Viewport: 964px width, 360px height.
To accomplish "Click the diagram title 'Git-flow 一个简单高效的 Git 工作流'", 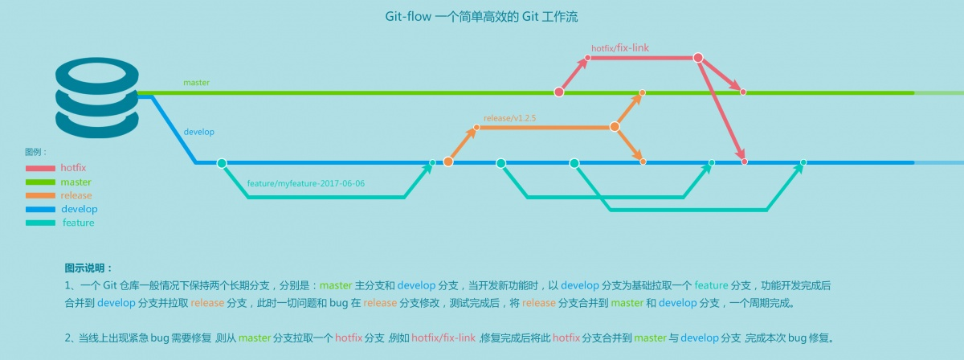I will (481, 16).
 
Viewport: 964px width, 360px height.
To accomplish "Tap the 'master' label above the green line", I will (196, 83).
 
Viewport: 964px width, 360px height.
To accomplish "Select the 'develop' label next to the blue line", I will (198, 131).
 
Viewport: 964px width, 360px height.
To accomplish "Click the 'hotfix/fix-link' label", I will (619, 48).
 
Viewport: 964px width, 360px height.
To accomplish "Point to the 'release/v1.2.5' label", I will (509, 118).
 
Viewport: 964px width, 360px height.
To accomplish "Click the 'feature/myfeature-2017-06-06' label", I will (306, 184).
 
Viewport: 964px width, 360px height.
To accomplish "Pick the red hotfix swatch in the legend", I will (40, 169).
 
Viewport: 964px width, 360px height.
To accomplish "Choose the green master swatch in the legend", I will (40, 182).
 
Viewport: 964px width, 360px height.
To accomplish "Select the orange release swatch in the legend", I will (40, 196).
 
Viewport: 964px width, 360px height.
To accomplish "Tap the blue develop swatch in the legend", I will (40, 210).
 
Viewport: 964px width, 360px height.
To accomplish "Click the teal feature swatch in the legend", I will (40, 223).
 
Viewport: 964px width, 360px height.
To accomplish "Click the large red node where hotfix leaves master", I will (559, 92).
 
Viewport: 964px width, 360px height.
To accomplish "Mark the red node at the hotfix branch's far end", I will (698, 58).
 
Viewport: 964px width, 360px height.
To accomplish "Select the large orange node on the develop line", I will (448, 162).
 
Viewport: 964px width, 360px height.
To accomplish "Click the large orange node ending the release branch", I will (615, 127).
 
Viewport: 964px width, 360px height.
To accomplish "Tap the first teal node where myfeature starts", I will (222, 163).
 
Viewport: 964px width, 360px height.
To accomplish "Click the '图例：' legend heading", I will (36, 152).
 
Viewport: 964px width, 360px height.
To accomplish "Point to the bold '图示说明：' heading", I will (88, 268).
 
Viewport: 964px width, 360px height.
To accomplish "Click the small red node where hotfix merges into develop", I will (745, 162).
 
